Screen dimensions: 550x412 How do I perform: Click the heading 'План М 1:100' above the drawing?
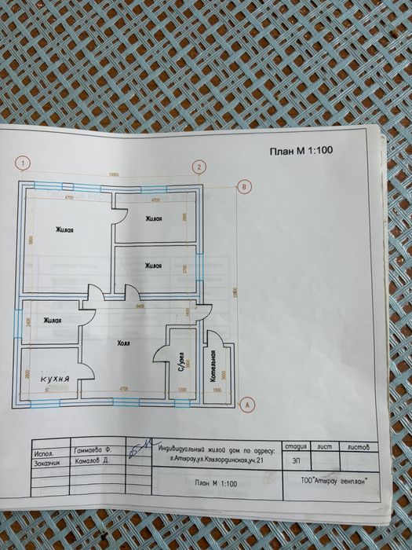point(302,152)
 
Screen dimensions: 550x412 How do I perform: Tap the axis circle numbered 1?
point(25,164)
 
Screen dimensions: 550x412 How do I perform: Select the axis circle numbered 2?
point(200,167)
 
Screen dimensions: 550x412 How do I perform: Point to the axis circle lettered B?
point(245,186)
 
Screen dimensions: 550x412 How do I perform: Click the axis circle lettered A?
point(247,405)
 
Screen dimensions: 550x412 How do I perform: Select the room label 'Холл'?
point(123,343)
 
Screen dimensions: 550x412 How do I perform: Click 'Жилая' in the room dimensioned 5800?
point(64,230)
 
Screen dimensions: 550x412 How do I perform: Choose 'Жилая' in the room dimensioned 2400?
point(53,320)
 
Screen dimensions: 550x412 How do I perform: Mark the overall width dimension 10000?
point(113,175)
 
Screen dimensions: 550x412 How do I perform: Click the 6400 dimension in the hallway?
point(141,305)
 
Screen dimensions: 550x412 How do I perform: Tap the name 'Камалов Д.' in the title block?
point(91,464)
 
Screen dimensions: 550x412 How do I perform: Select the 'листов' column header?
point(368,445)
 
